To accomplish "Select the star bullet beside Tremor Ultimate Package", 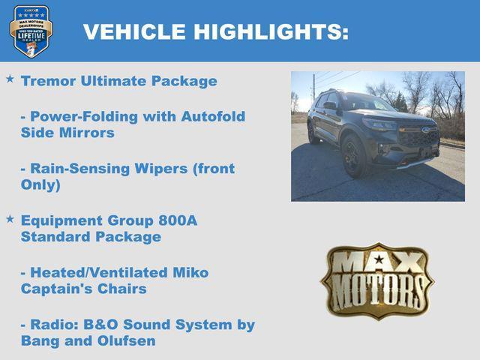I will [10, 79].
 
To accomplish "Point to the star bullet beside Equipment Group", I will [10, 218].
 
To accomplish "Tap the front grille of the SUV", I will [417, 137].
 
